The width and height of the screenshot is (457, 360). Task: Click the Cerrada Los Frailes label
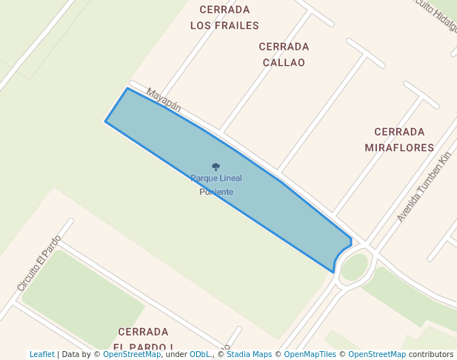[224, 18]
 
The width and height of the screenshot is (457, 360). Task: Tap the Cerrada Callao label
[284, 54]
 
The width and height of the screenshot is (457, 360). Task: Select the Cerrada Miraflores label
[399, 139]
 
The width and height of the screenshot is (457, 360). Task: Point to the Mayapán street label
[164, 99]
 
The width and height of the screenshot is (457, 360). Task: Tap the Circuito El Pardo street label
[38, 263]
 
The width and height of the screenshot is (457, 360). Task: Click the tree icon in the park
[216, 167]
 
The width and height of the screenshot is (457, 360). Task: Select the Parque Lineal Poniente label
[216, 184]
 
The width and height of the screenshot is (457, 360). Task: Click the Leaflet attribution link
[41, 354]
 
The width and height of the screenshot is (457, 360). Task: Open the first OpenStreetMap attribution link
[131, 354]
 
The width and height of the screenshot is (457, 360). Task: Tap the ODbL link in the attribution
[200, 354]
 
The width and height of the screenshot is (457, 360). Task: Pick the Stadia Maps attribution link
[249, 354]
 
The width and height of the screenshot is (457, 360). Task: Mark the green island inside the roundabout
[354, 267]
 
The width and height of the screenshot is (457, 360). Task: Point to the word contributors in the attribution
[431, 354]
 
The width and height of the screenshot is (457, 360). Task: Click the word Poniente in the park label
[216, 192]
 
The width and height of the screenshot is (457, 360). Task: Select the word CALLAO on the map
[284, 62]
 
